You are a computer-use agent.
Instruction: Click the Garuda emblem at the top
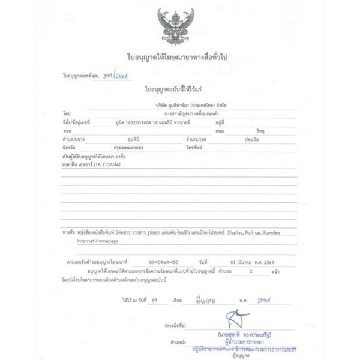click(x=179, y=25)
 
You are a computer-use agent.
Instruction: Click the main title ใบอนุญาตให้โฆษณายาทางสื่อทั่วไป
click(x=179, y=56)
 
